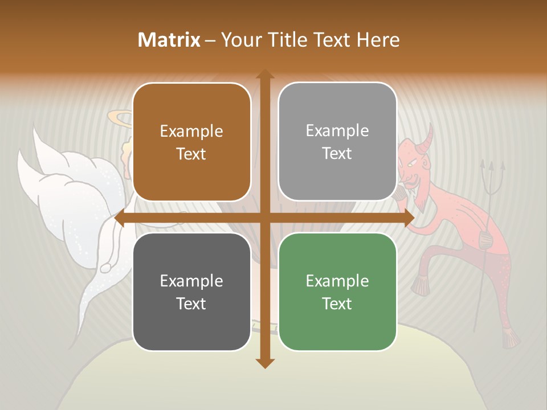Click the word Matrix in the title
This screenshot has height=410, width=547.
pyautogui.click(x=169, y=40)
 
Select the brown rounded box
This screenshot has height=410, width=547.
pyautogui.click(x=191, y=142)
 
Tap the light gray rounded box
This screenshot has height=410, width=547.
pyautogui.click(x=337, y=142)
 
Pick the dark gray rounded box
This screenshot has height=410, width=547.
pyautogui.click(x=191, y=292)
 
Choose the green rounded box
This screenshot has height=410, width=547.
pyautogui.click(x=337, y=292)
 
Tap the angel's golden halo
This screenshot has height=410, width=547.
pyautogui.click(x=120, y=119)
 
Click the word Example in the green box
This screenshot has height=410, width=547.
pyautogui.click(x=337, y=281)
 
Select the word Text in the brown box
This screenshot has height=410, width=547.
pyautogui.click(x=191, y=154)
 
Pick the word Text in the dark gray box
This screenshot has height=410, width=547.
pyautogui.click(x=191, y=304)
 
